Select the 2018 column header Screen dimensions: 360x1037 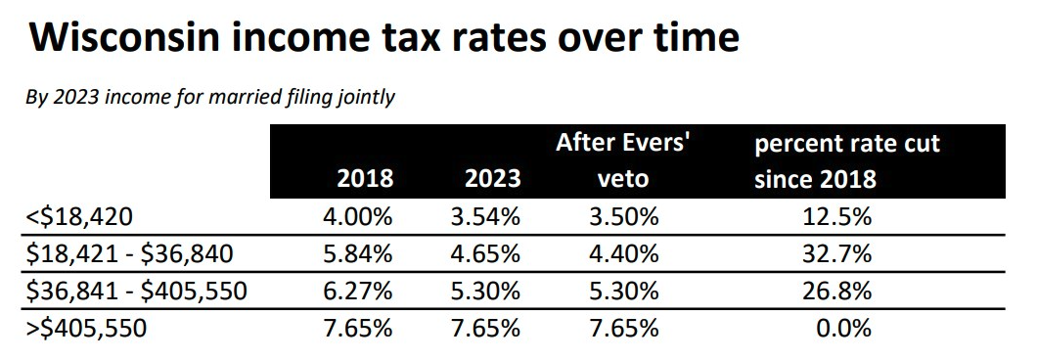click(364, 179)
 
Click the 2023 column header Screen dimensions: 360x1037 click(491, 179)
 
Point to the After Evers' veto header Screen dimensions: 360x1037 click(623, 161)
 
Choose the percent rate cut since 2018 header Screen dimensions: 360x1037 click(846, 161)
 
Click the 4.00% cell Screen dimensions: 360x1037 click(357, 217)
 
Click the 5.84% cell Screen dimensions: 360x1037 click(357, 253)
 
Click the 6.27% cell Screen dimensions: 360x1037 click(357, 291)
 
